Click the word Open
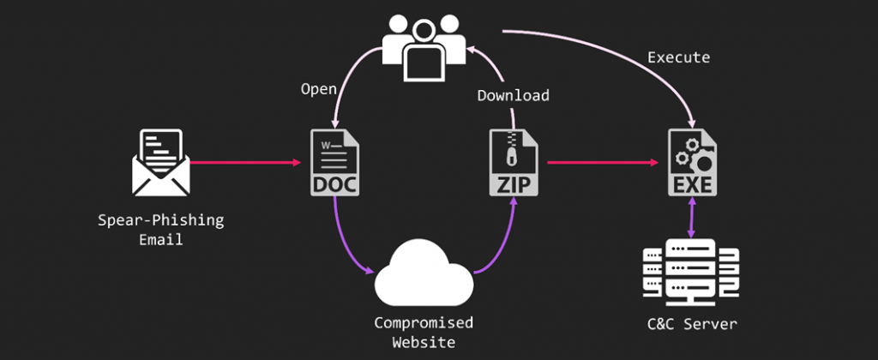[318, 88]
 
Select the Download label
[513, 94]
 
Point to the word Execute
[678, 57]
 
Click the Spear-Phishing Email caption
[160, 230]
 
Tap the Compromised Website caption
[423, 333]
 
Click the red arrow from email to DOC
[245, 161]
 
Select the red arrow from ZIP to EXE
[600, 161]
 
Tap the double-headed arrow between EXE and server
[691, 219]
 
